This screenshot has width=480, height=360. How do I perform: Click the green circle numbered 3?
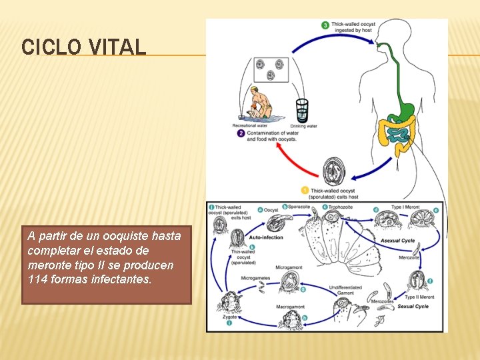pyautogui.click(x=325, y=25)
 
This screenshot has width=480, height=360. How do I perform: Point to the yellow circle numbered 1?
pyautogui.click(x=305, y=191)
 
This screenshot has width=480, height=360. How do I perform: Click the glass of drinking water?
pyautogui.click(x=302, y=111)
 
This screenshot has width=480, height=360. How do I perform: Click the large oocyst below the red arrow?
pyautogui.click(x=333, y=172)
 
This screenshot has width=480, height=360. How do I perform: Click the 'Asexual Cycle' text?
pyautogui.click(x=397, y=241)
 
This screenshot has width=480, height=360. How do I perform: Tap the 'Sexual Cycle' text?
pyautogui.click(x=413, y=307)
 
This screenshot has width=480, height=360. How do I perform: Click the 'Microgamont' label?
pyautogui.click(x=288, y=267)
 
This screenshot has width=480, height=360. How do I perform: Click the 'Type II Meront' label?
pyautogui.click(x=420, y=297)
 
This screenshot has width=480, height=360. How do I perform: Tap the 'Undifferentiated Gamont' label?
pyautogui.click(x=346, y=290)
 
